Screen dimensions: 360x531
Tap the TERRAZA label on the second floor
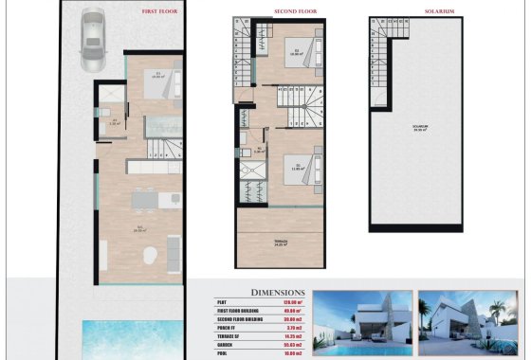(x=280, y=243)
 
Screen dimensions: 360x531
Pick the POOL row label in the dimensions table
(x=223, y=355)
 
